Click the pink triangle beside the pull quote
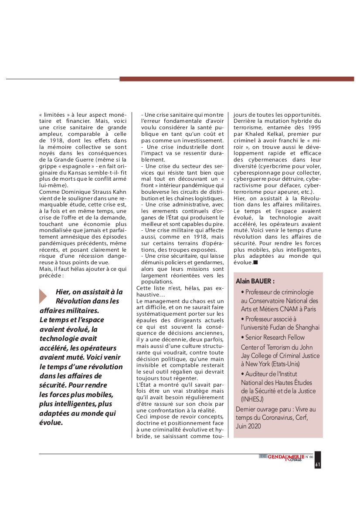pyautogui.click(x=43, y=296)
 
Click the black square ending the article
pyautogui.click(x=255, y=263)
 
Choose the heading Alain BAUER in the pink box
pyautogui.click(x=255, y=281)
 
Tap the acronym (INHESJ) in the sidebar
pyautogui.click(x=253, y=399)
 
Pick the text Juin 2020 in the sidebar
pyautogui.click(x=248, y=426)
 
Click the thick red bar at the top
pyautogui.click(x=237, y=79)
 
